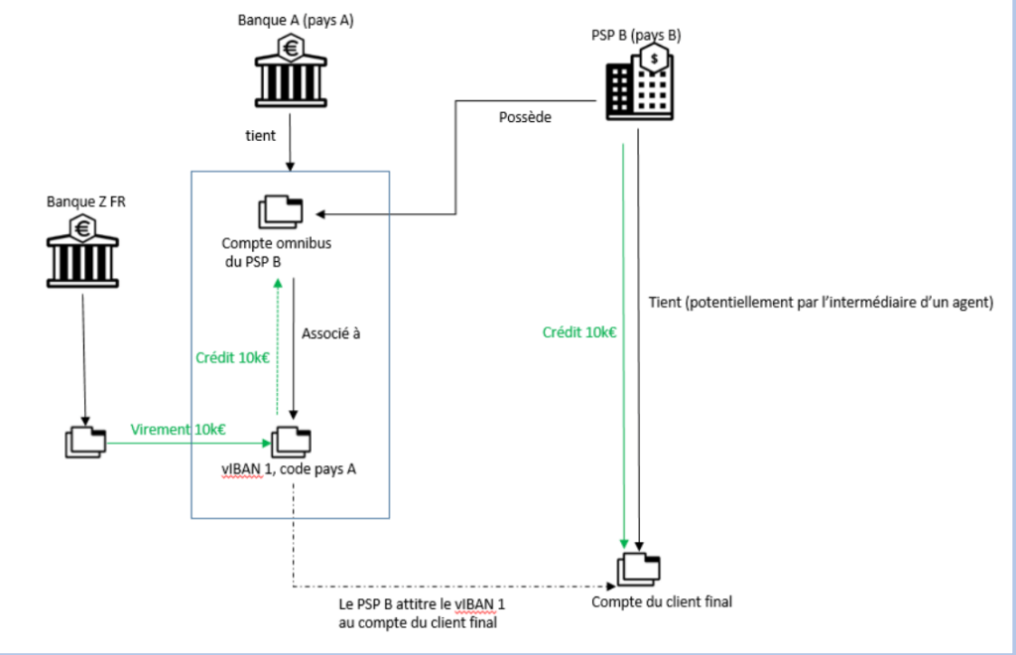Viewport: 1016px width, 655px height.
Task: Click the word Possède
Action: coord(525,117)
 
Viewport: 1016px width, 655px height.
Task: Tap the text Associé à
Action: coord(332,333)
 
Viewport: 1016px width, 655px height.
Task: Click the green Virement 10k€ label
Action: coord(179,429)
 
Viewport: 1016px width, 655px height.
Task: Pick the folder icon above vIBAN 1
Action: coord(291,441)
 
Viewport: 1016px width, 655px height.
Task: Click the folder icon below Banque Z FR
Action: coord(84,442)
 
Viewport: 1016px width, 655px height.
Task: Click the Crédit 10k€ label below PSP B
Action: coord(579,332)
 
